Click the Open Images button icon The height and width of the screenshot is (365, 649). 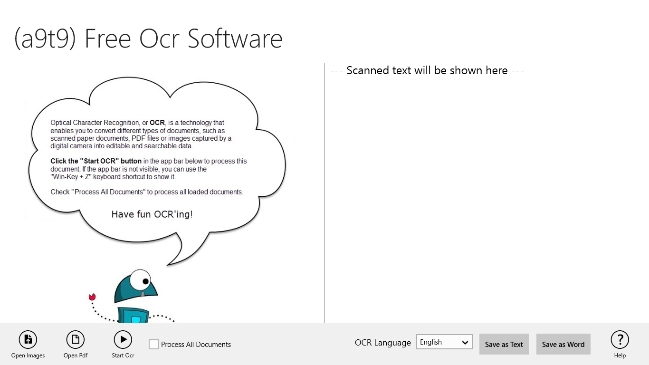28,339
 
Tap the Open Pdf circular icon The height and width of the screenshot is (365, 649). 76,339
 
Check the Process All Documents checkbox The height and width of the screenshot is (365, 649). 153,345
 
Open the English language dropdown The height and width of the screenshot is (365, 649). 444,342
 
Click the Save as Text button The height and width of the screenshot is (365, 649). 504,345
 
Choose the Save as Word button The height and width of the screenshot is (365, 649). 563,345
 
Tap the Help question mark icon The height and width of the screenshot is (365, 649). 620,339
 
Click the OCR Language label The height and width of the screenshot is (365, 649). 382,343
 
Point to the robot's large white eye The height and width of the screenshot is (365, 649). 140,280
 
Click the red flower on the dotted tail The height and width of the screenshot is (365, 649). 92,297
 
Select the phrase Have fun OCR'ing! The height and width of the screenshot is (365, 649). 152,214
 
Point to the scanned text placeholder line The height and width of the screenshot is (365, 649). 427,71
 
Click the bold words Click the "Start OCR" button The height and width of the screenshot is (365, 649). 96,161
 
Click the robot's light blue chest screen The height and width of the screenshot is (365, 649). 136,319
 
